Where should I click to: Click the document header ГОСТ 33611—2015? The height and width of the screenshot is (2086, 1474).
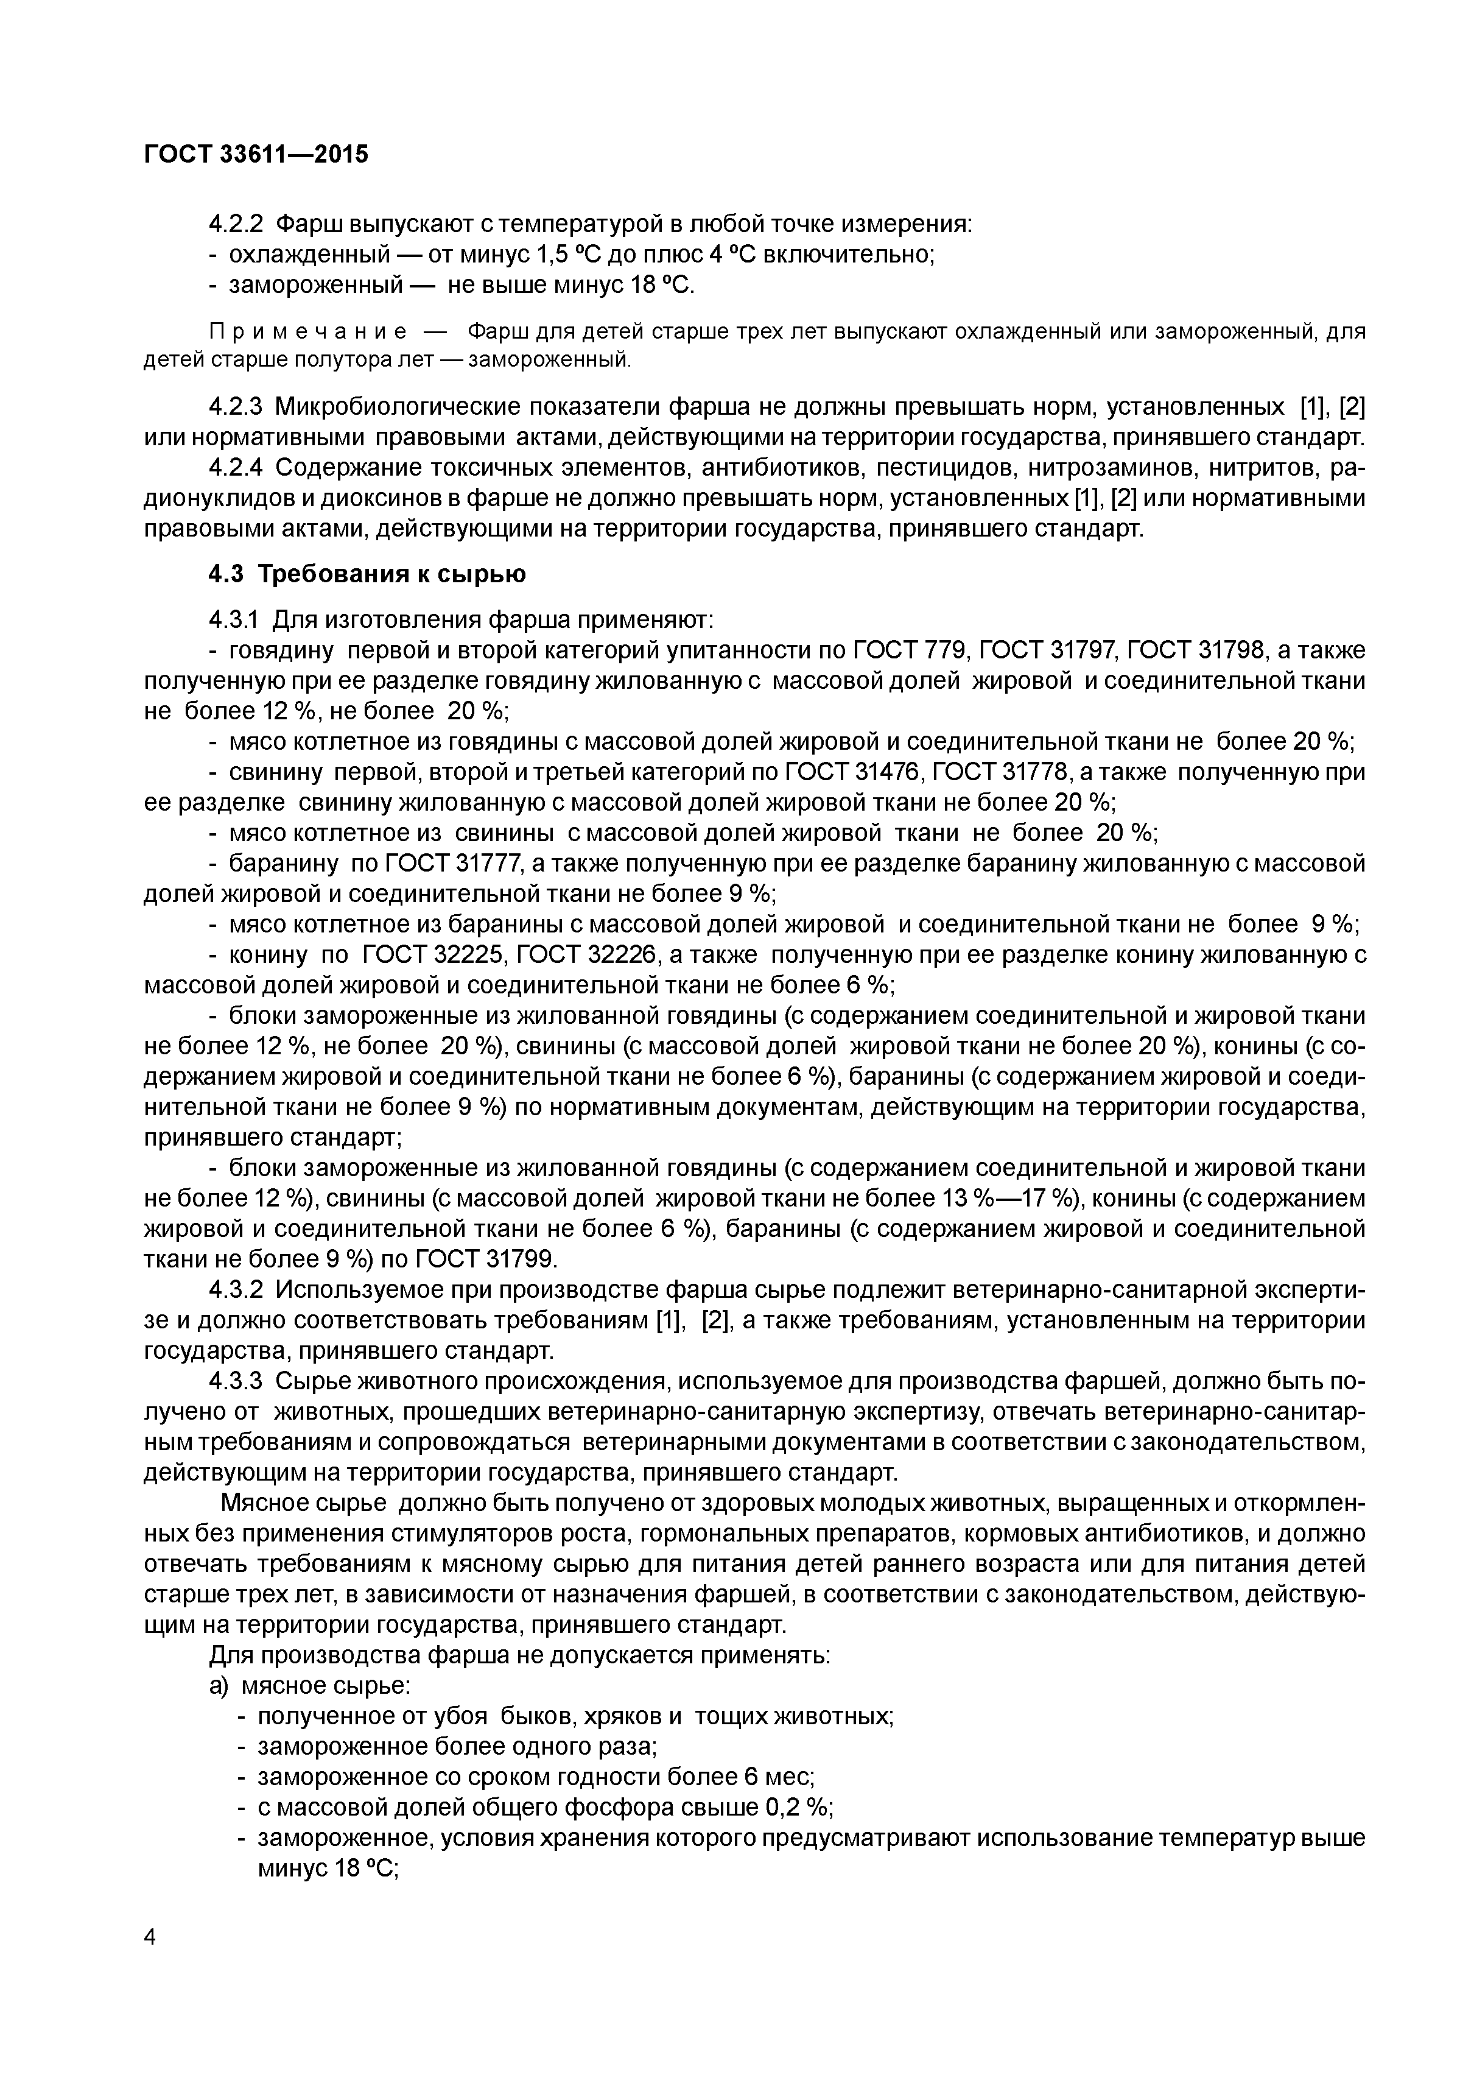[x=256, y=155]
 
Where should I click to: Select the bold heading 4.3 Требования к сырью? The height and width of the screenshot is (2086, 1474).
[x=367, y=574]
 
